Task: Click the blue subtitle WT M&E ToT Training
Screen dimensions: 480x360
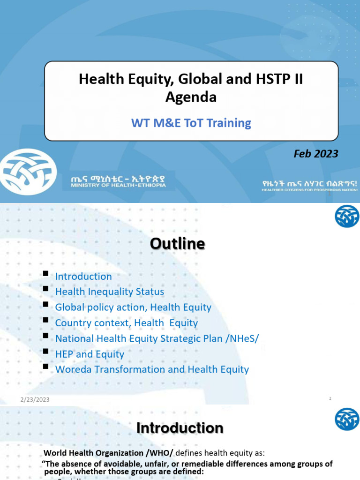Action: pos(191,123)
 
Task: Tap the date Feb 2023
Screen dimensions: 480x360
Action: pos(315,154)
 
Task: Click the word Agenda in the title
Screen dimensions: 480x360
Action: pos(191,97)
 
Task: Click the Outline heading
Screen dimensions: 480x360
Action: pos(177,244)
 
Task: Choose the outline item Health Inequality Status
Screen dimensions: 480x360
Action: pos(110,292)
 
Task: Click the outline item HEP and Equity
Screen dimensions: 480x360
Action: pos(90,354)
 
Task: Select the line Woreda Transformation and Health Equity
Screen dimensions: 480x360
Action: pos(152,369)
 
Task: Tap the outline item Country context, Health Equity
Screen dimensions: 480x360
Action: pos(127,323)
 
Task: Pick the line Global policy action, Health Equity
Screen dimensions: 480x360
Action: pos(133,307)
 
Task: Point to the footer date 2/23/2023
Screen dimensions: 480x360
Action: pos(35,399)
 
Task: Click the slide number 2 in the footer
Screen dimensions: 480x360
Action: pos(330,398)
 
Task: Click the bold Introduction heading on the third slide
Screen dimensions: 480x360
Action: pos(180,427)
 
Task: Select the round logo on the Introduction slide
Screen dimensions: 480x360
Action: pos(346,419)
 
